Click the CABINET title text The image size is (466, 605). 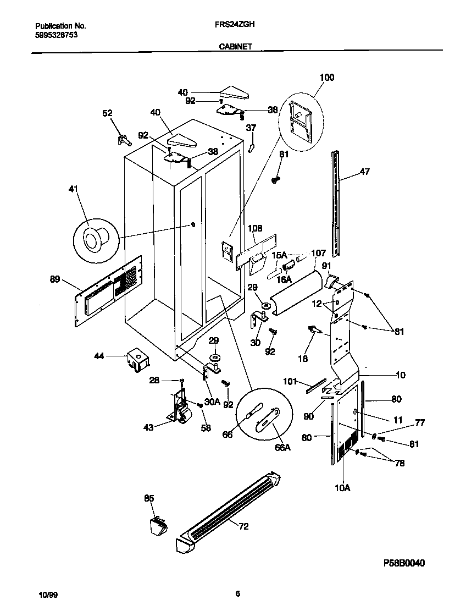tap(235, 47)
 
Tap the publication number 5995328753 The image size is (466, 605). tap(56, 34)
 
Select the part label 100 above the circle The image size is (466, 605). tap(326, 78)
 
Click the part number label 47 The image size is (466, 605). tap(365, 172)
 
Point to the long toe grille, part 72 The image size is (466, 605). tap(231, 509)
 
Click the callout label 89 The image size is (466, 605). tap(54, 279)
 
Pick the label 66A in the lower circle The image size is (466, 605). tap(282, 447)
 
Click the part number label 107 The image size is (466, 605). tap(318, 254)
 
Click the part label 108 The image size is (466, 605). tap(255, 228)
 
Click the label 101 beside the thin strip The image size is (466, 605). tap(290, 381)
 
